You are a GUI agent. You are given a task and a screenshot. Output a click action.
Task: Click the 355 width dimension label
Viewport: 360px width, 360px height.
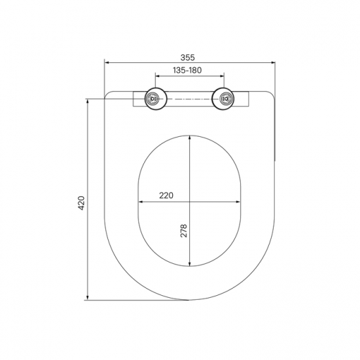(187, 58)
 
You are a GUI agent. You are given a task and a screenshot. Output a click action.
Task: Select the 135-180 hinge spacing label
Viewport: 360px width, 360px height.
(187, 70)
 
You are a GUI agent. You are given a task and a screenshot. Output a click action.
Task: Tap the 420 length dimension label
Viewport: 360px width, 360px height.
(81, 203)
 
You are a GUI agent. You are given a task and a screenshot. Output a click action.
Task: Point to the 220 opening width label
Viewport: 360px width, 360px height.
(166, 196)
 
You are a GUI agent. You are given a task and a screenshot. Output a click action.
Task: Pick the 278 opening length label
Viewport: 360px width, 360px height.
(184, 231)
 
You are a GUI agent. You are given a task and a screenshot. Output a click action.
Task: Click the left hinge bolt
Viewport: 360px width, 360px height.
(153, 99)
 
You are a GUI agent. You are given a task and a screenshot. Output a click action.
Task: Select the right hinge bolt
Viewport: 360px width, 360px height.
(225, 99)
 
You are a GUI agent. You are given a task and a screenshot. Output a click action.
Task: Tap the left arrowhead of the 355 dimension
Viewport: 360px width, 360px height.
(107, 62)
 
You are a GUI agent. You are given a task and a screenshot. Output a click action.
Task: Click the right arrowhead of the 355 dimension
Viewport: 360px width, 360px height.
(272, 62)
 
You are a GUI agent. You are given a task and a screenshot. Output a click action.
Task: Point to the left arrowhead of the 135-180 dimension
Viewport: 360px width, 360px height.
(158, 76)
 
